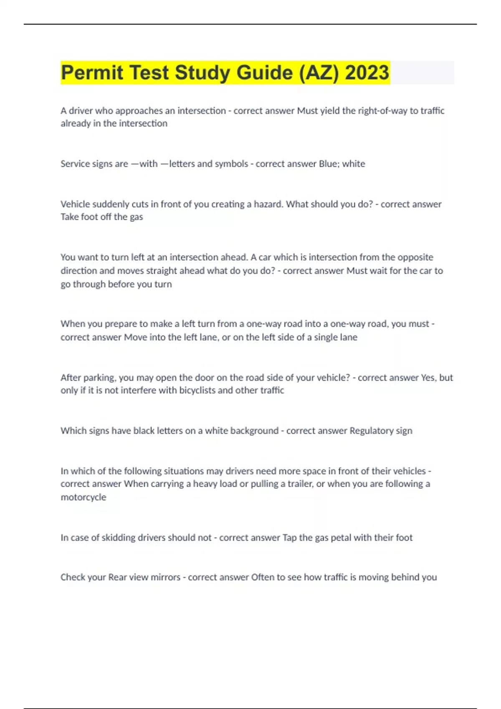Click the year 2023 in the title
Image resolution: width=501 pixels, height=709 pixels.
(x=367, y=73)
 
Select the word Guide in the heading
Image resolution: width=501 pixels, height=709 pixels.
(x=265, y=73)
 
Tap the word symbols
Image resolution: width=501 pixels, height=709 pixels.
(x=231, y=163)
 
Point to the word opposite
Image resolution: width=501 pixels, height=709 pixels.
(x=415, y=257)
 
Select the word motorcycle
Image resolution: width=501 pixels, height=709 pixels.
(x=83, y=497)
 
